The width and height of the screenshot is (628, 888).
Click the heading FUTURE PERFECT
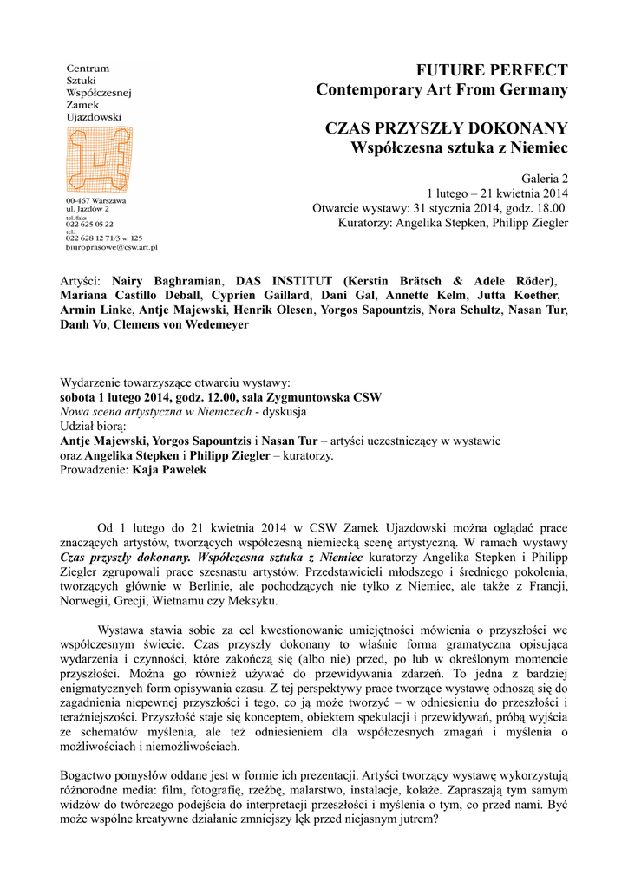492,69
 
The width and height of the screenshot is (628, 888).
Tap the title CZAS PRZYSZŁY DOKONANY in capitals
446,129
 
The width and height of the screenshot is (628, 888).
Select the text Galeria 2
544,178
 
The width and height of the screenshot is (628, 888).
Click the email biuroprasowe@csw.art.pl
111,247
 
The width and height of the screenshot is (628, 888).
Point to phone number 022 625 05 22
90,224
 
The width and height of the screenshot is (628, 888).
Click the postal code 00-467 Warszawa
96,201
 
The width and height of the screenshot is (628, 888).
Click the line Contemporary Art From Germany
442,89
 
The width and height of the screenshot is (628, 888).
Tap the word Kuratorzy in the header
365,223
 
